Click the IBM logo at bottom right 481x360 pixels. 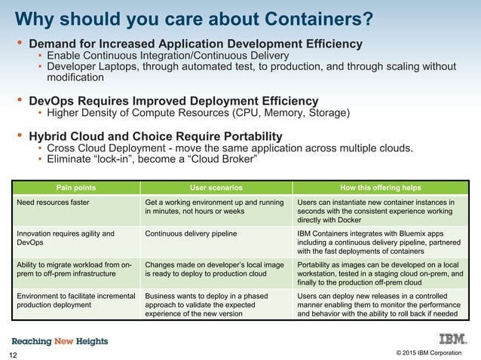click(x=449, y=340)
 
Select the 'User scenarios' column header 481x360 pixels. click(x=216, y=188)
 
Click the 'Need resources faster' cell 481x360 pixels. click(x=53, y=203)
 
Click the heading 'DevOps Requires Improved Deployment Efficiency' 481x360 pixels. click(x=173, y=100)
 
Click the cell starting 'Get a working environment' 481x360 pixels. click(x=215, y=207)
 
